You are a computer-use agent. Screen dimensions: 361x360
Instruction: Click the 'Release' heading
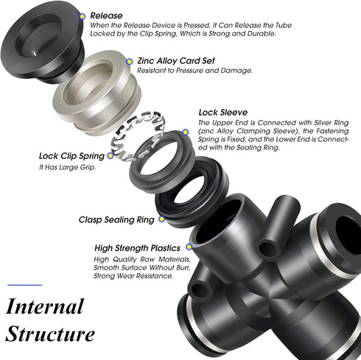(x=106, y=15)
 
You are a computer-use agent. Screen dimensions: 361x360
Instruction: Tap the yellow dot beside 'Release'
(x=83, y=16)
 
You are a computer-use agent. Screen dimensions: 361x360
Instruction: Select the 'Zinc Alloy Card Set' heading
(x=176, y=61)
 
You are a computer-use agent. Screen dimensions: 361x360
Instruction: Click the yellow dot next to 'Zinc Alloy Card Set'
(x=130, y=62)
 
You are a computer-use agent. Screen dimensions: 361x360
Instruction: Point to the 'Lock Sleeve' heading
(x=223, y=113)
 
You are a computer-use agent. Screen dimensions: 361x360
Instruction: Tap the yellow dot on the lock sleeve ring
(x=186, y=133)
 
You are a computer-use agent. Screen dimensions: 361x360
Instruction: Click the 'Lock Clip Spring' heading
(x=71, y=156)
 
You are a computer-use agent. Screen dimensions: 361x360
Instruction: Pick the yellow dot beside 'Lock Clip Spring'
(x=111, y=155)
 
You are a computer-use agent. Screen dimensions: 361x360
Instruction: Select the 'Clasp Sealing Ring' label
(x=116, y=219)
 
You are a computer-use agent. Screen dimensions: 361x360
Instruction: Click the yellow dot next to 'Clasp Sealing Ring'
(x=161, y=219)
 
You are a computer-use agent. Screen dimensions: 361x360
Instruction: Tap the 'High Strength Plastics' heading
(x=138, y=248)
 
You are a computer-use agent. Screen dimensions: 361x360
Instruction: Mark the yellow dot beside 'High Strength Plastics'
(x=189, y=247)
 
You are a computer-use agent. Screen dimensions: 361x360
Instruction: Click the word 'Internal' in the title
(x=45, y=306)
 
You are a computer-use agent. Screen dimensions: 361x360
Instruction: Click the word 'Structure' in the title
(x=50, y=333)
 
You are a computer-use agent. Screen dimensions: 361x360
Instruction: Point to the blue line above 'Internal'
(x=24, y=285)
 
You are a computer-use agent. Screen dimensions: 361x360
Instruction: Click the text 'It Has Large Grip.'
(x=68, y=167)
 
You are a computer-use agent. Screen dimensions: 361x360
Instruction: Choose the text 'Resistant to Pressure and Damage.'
(x=194, y=71)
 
